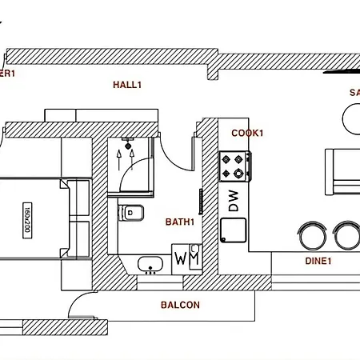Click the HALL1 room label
[126, 84]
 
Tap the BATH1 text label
[181, 222]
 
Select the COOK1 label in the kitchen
[247, 133]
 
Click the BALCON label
[180, 305]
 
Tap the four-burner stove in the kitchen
[235, 166]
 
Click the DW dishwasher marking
[234, 201]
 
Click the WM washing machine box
[187, 259]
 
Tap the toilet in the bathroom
[134, 213]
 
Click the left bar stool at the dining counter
[311, 235]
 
